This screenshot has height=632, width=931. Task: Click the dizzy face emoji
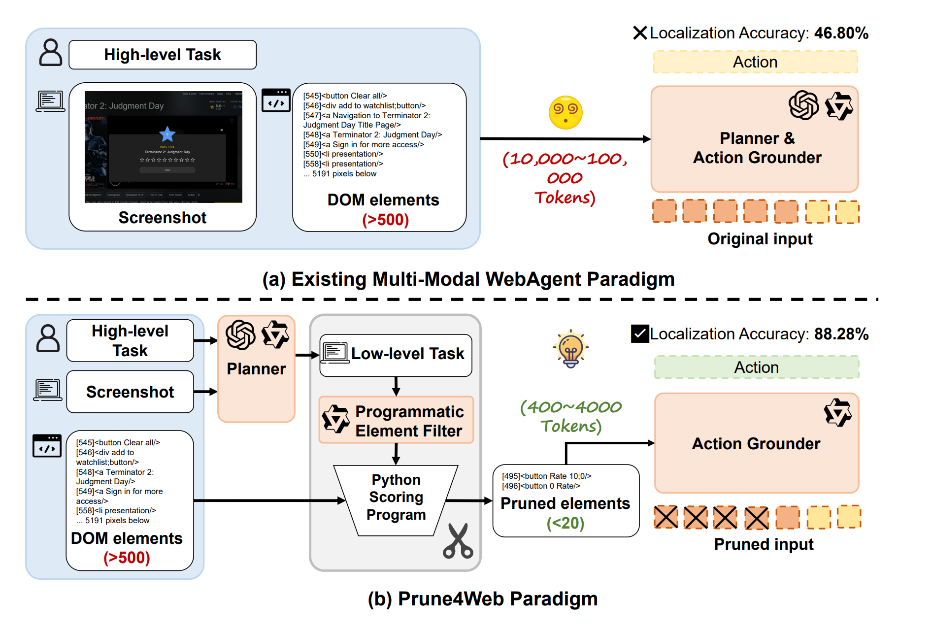565,112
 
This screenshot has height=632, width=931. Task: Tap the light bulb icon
570,349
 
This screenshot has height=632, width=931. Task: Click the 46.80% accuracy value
841,33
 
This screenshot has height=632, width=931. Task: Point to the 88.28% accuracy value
841,334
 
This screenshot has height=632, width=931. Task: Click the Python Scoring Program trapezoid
396,498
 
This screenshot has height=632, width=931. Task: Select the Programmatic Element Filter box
396,420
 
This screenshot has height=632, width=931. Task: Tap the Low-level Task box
396,355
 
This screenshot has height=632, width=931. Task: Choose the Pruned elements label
565,503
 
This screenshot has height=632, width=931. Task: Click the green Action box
756,367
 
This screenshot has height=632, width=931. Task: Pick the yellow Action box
755,62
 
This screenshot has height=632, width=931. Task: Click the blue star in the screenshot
167,133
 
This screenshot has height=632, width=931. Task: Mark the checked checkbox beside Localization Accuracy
640,333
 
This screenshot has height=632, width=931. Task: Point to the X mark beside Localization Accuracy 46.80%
640,33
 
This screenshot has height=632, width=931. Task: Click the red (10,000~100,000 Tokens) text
565,178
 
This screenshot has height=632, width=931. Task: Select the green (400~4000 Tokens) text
571,416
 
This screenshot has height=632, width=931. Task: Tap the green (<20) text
565,523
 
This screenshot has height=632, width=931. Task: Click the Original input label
760,239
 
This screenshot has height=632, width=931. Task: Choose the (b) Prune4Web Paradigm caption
483,599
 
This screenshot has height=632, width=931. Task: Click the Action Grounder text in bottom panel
756,444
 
